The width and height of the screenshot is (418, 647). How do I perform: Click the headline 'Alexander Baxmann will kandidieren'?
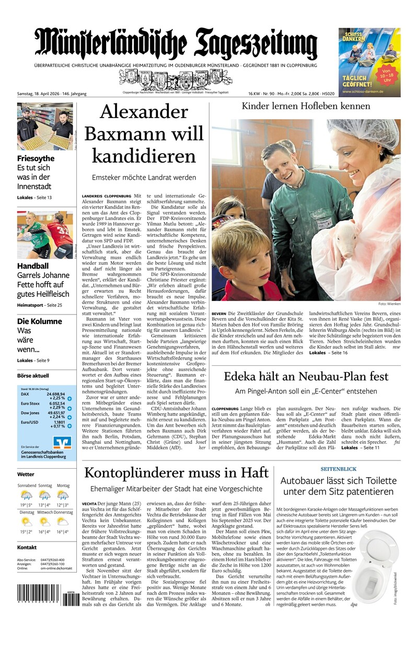tap(144, 134)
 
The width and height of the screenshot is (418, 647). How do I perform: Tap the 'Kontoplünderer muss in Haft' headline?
tap(176, 473)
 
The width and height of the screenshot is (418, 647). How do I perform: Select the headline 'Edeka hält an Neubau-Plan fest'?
tap(306, 376)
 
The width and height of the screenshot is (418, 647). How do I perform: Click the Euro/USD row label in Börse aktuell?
tap(30, 422)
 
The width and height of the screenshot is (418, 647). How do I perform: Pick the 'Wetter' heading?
tap(26, 475)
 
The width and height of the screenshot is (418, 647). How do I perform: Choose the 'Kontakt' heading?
tap(27, 547)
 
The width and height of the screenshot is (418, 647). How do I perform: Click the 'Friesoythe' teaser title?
tap(36, 158)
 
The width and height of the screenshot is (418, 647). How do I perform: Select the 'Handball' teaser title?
tap(32, 265)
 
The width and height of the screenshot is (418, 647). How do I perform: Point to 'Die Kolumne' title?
tap(39, 321)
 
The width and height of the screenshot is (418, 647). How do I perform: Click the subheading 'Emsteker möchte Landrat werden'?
tap(144, 178)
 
